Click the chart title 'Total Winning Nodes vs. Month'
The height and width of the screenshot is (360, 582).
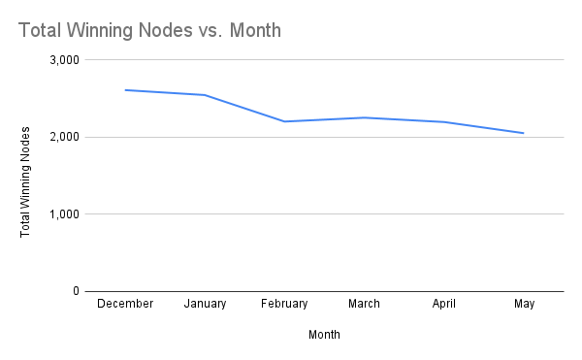149,30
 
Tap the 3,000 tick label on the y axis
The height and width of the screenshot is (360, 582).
63,60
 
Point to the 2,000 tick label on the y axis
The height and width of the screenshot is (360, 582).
63,137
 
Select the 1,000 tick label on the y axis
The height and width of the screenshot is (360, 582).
63,213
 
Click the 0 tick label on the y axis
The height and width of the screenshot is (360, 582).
75,291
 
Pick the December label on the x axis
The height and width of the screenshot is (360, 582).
125,304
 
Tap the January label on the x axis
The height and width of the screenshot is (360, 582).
205,304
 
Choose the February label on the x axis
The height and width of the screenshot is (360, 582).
284,304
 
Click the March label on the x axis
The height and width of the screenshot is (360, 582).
365,304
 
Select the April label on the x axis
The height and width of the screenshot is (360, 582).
444,304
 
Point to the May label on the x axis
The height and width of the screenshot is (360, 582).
524,304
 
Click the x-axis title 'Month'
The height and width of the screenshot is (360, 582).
324,335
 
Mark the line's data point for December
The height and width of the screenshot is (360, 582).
125,90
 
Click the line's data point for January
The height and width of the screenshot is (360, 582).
205,95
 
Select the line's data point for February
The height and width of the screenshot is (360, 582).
284,121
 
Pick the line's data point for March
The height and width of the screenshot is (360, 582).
365,117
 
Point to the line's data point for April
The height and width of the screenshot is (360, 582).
444,121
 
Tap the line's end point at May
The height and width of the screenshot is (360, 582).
524,133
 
